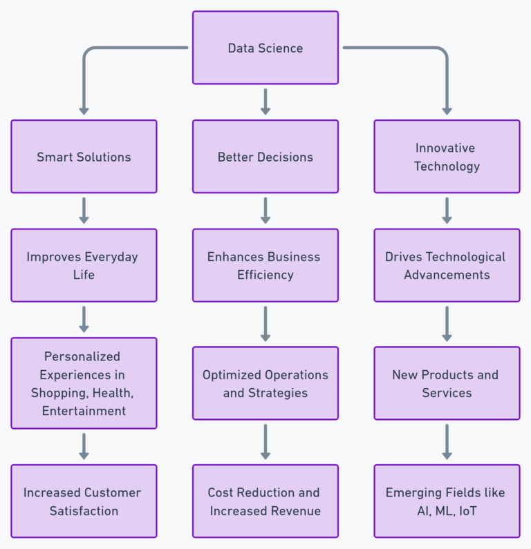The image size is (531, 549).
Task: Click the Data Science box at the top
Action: (265, 48)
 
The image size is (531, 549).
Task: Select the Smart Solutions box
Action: (84, 157)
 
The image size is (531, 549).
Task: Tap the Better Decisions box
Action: (265, 157)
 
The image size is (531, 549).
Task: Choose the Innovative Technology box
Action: (447, 157)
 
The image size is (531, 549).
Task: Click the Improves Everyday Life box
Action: (84, 265)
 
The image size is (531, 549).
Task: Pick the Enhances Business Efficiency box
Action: (265, 265)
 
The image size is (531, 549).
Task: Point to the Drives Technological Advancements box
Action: (447, 265)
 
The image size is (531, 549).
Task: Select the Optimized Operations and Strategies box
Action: (265, 383)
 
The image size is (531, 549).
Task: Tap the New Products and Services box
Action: (447, 383)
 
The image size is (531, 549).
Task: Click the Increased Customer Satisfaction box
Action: (84, 501)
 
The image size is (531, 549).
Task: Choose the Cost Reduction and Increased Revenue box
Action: (265, 501)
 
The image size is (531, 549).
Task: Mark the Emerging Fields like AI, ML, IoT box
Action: (447, 501)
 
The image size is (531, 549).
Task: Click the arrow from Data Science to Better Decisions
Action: (265, 102)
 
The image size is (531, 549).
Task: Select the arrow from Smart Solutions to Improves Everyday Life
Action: (84, 211)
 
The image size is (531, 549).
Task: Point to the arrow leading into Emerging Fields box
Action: (447, 442)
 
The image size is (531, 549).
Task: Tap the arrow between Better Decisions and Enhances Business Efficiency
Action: (265, 211)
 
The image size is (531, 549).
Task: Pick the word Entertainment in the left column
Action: (84, 411)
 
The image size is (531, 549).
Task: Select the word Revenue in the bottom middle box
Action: (295, 511)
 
